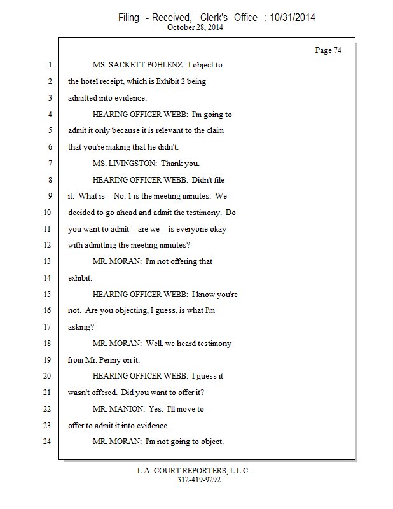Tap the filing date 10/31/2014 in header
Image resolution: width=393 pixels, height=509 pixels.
pyautogui.click(x=293, y=18)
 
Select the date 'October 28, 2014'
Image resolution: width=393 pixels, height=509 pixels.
pyautogui.click(x=195, y=27)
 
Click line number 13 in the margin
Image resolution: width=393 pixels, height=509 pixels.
pyautogui.click(x=48, y=261)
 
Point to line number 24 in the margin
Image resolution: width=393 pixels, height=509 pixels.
pyautogui.click(x=48, y=442)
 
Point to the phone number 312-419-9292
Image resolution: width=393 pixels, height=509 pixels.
pyautogui.click(x=198, y=480)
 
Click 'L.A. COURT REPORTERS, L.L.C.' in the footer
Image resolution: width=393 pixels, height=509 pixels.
pyautogui.click(x=193, y=471)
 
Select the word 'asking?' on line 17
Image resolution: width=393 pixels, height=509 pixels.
pyautogui.click(x=81, y=327)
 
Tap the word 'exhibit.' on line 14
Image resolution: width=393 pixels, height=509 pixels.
pyautogui.click(x=80, y=278)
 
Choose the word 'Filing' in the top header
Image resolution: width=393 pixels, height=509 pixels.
pyautogui.click(x=128, y=18)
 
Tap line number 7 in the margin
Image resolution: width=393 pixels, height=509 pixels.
pyautogui.click(x=48, y=164)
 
